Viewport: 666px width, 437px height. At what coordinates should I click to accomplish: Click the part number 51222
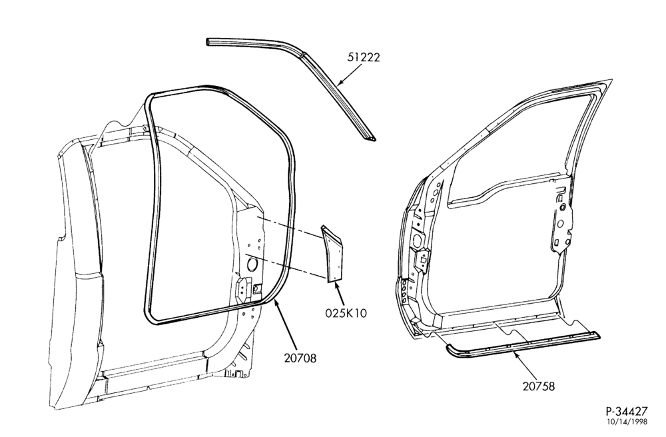coord(363,57)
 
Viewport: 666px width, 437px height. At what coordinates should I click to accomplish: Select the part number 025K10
coord(346,313)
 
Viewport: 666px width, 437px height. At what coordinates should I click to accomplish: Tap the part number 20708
coord(300,358)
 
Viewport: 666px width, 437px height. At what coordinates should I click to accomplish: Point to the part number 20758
coord(539,386)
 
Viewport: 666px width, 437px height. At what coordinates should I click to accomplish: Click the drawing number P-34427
coord(627,411)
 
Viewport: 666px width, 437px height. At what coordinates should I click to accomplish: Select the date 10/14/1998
coord(627,422)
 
